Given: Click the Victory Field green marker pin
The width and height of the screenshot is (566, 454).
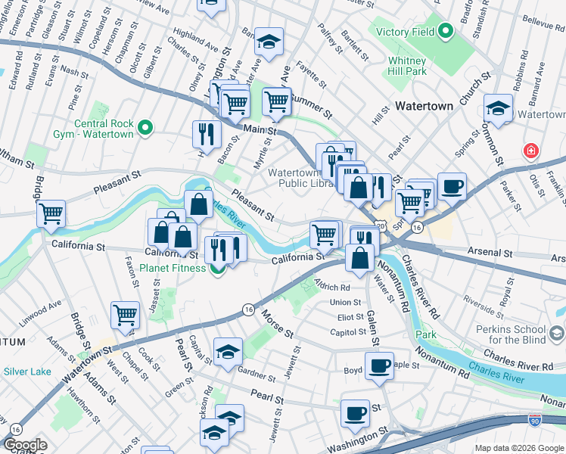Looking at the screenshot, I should pos(446,32).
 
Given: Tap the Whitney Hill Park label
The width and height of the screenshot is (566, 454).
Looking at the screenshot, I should pos(407,66).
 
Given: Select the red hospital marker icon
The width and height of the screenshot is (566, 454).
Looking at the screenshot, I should pos(532,151).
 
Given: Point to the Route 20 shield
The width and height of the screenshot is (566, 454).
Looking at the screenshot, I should pos(380,225).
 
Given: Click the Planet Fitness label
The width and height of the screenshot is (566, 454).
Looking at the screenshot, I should pos(177,268).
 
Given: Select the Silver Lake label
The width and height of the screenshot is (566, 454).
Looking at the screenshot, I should pos(26,372).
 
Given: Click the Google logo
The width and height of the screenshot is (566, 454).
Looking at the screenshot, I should pos(25,445).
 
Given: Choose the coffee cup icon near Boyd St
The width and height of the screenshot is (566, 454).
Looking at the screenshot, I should pos(379,366).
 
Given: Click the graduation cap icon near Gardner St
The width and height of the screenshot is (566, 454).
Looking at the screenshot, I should pos(228,351).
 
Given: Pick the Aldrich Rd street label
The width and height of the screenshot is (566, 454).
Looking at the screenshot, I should pos(334,288).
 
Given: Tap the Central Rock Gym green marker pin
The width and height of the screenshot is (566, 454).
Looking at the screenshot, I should pos(147,129).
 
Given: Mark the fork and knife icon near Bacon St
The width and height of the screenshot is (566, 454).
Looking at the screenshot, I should pos(207,135).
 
